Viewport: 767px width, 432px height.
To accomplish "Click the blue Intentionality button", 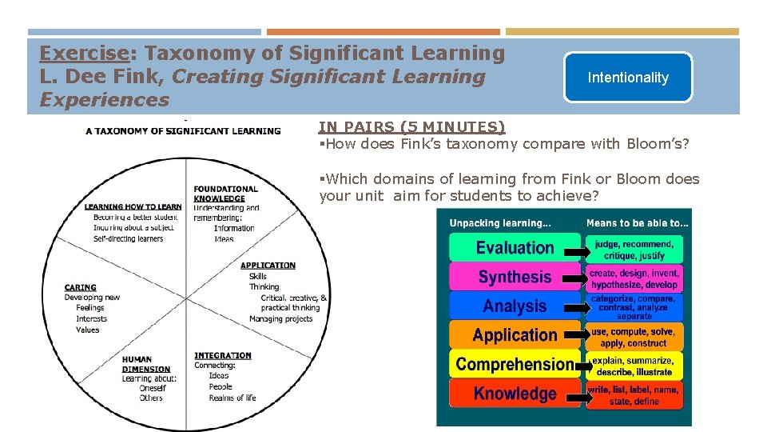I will [x=627, y=78].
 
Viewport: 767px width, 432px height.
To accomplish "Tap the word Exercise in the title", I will [x=85, y=54].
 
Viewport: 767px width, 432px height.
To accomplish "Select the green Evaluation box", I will [x=515, y=248].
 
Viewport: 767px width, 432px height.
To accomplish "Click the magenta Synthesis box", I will [x=515, y=277].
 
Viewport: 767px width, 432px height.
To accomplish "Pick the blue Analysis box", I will [x=515, y=306].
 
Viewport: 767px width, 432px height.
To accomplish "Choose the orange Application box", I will [x=515, y=335].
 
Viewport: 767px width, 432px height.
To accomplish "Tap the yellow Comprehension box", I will [x=515, y=365].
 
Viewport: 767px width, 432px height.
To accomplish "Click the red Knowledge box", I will [x=515, y=394].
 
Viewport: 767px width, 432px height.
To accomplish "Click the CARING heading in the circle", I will [x=80, y=287].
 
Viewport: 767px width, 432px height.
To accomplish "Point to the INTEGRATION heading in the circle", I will [x=222, y=355].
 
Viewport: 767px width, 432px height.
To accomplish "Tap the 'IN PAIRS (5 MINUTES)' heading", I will [x=411, y=126].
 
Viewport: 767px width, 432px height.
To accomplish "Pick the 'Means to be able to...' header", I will [x=637, y=222].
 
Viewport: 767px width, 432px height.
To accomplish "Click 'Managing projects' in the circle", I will [x=280, y=319].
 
